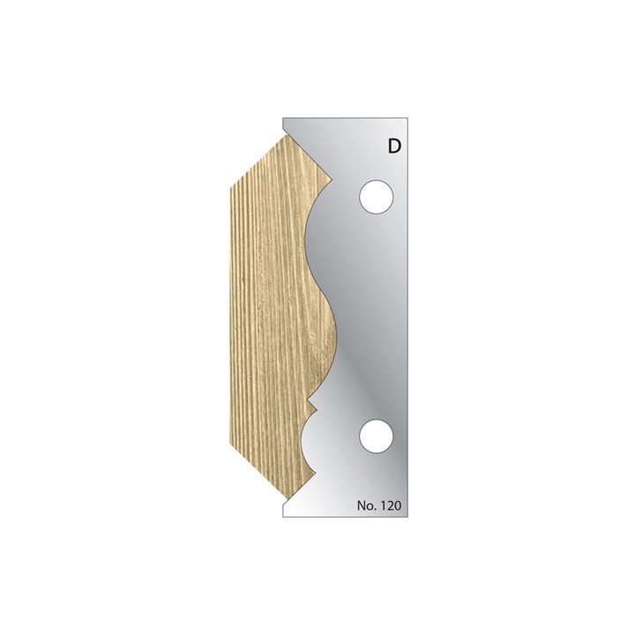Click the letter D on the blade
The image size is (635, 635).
(393, 147)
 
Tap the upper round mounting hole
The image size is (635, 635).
(376, 195)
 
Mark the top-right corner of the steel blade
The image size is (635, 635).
(412, 118)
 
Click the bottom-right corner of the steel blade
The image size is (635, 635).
(412, 519)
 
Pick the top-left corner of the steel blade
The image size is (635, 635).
(282, 118)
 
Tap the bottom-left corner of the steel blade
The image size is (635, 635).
(282, 519)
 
